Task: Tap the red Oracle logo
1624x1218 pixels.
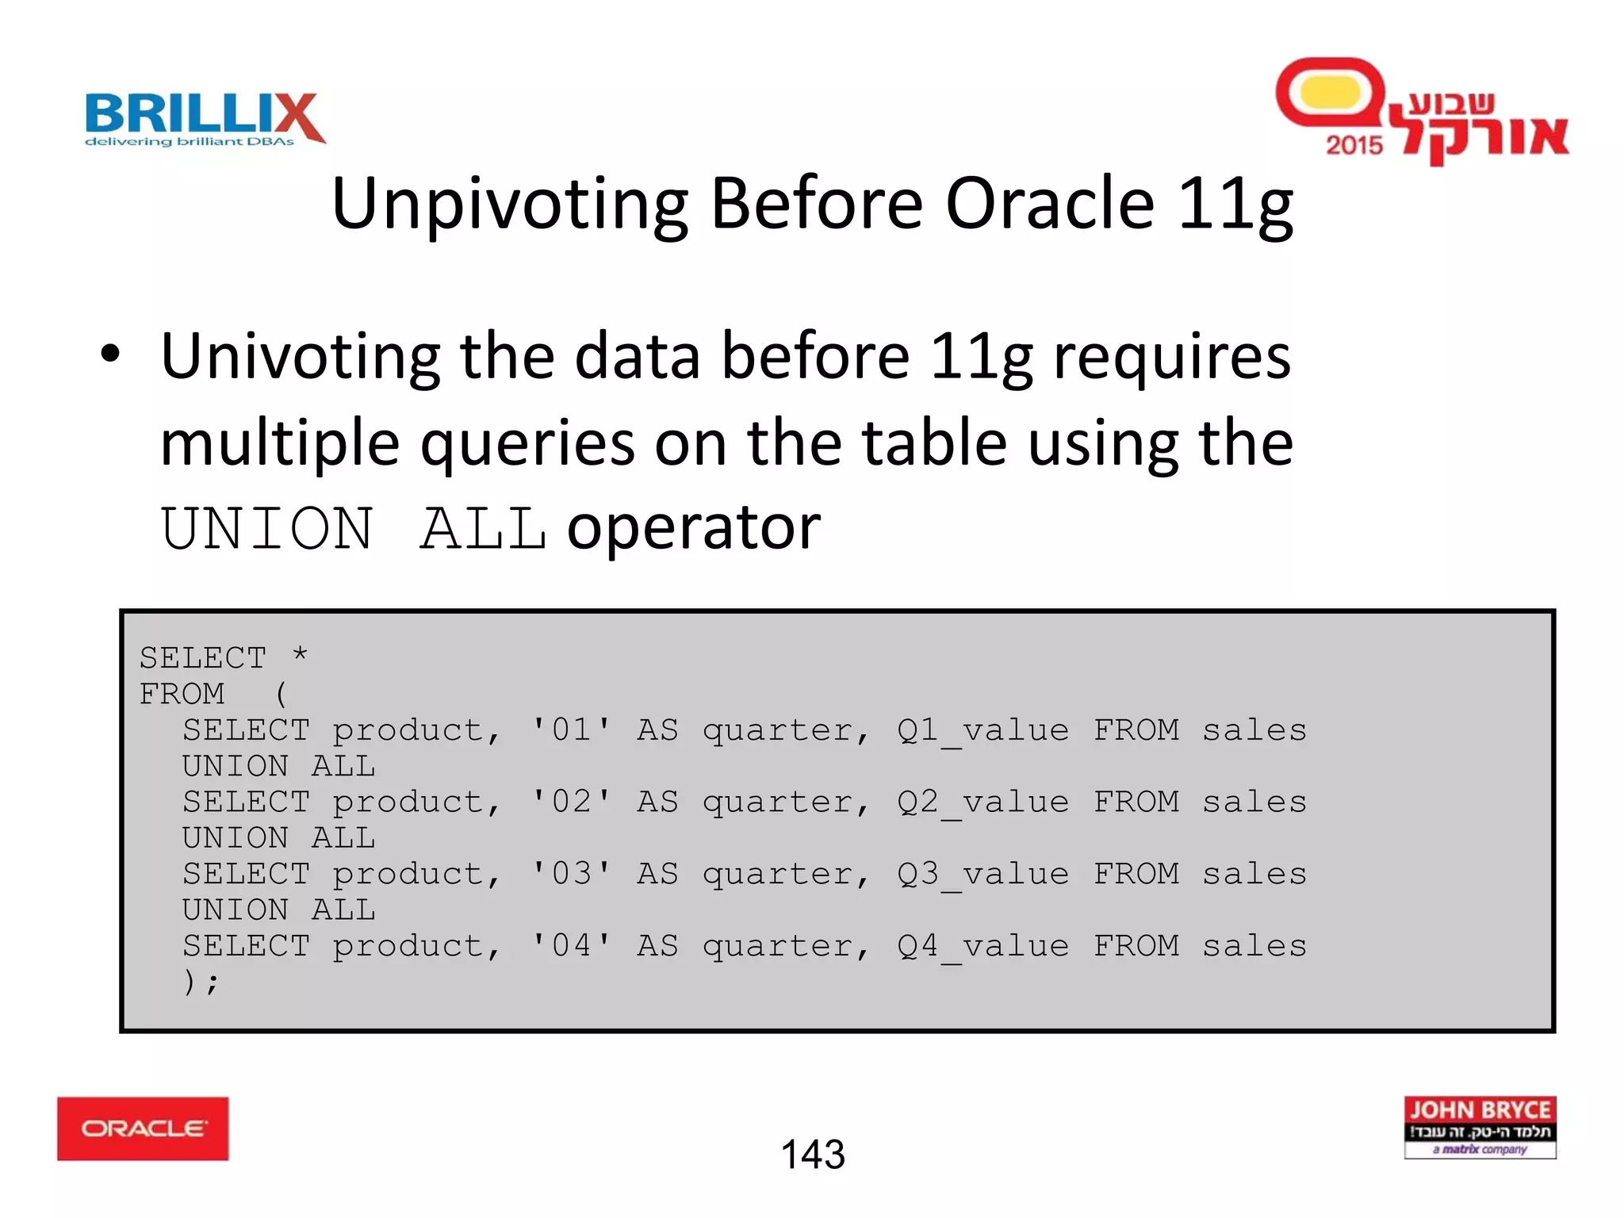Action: click(143, 1128)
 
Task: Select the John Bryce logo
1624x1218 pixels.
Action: click(1480, 1127)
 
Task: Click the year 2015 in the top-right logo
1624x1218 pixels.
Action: click(1354, 145)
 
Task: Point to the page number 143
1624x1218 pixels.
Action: click(813, 1154)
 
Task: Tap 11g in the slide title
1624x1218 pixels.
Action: click(1235, 204)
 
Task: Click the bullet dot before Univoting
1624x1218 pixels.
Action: click(110, 354)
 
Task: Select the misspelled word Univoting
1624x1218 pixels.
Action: click(300, 356)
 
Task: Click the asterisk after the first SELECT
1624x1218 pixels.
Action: click(300, 655)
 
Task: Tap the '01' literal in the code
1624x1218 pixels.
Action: click(571, 730)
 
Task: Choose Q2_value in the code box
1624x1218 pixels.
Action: click(982, 802)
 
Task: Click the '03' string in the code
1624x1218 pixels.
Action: click(571, 874)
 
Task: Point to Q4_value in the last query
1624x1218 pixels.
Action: click(982, 946)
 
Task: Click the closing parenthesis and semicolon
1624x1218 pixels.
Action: click(200, 982)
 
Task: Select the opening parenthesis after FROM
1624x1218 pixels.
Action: click(281, 694)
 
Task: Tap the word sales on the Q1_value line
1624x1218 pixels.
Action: click(1254, 730)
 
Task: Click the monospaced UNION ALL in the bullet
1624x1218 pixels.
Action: click(354, 528)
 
